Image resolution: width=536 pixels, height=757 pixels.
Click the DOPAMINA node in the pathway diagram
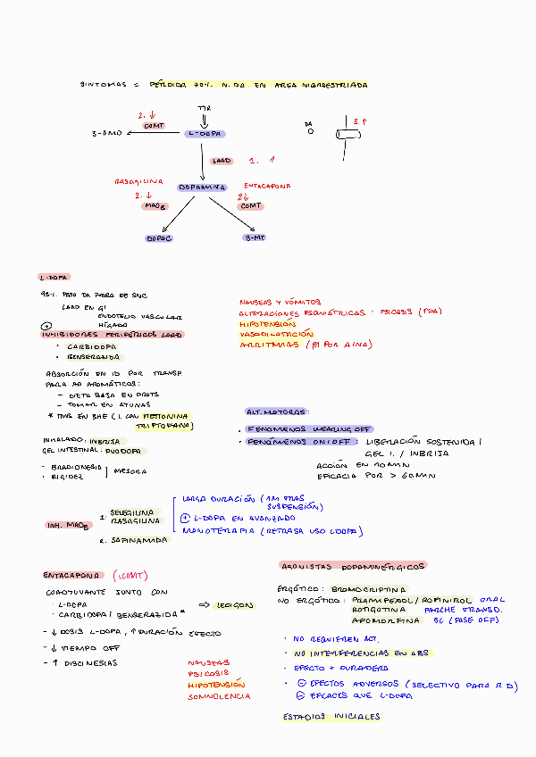coord(201,187)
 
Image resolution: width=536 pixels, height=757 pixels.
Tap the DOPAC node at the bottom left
coord(158,238)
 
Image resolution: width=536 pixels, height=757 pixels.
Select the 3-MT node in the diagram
coord(255,237)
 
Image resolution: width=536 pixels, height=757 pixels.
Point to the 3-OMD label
coord(106,133)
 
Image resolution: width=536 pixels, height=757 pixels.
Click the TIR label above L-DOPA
coord(204,107)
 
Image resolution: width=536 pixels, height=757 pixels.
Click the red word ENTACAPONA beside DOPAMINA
coord(268,187)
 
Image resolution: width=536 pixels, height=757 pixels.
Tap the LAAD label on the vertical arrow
coord(221,162)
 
